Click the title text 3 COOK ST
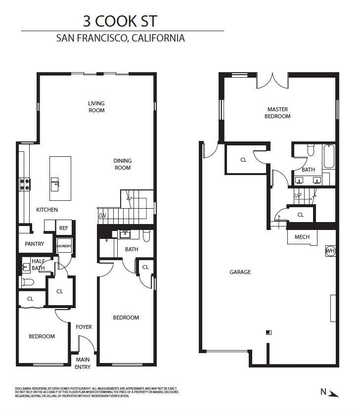click(x=121, y=21)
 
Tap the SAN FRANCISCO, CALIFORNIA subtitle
click(x=121, y=38)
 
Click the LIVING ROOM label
click(x=96, y=107)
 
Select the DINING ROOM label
click(x=123, y=164)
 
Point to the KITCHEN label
click(x=47, y=210)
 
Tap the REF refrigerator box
click(x=63, y=228)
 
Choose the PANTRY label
click(x=35, y=244)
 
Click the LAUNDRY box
click(x=64, y=246)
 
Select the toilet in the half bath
click(x=28, y=282)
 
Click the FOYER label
click(x=84, y=327)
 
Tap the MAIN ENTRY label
click(x=83, y=364)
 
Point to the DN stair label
click(x=102, y=216)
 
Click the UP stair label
click(x=298, y=195)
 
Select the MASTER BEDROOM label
click(x=277, y=113)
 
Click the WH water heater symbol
click(x=330, y=251)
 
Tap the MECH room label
click(x=302, y=237)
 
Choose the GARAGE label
click(x=240, y=272)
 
